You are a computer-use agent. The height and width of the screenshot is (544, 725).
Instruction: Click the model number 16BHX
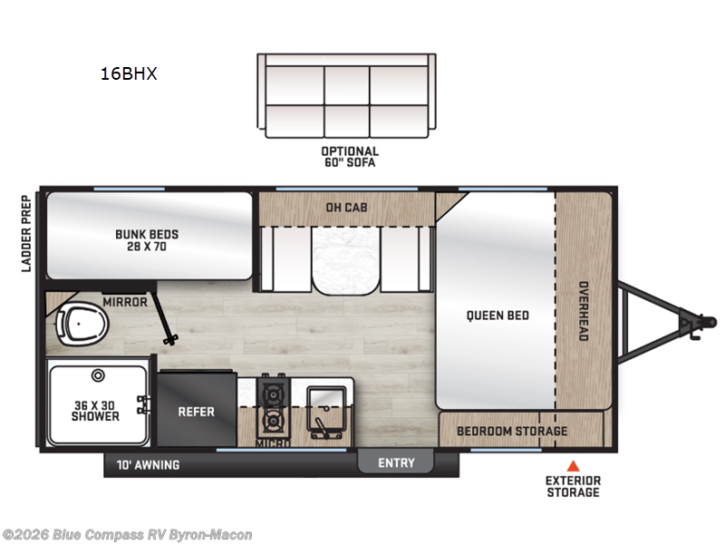tap(129, 74)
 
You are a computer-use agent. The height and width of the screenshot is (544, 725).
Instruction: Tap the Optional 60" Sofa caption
tap(349, 157)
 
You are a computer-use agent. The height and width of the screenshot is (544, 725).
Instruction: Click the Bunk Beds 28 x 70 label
tap(147, 240)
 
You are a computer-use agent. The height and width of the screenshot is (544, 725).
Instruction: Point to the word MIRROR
tap(124, 302)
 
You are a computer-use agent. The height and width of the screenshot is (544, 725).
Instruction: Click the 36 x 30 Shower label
tap(95, 410)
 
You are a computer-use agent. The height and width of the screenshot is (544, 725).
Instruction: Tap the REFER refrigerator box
tap(196, 412)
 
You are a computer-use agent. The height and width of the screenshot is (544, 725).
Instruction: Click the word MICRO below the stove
tap(272, 444)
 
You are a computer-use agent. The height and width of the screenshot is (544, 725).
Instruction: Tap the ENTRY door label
tap(396, 463)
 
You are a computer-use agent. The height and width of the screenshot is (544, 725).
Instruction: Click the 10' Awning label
tap(148, 465)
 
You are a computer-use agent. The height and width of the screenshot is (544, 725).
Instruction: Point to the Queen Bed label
tap(498, 316)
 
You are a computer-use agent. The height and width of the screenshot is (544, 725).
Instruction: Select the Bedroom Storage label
tap(512, 431)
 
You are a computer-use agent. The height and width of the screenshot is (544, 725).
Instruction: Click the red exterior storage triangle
tap(572, 465)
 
